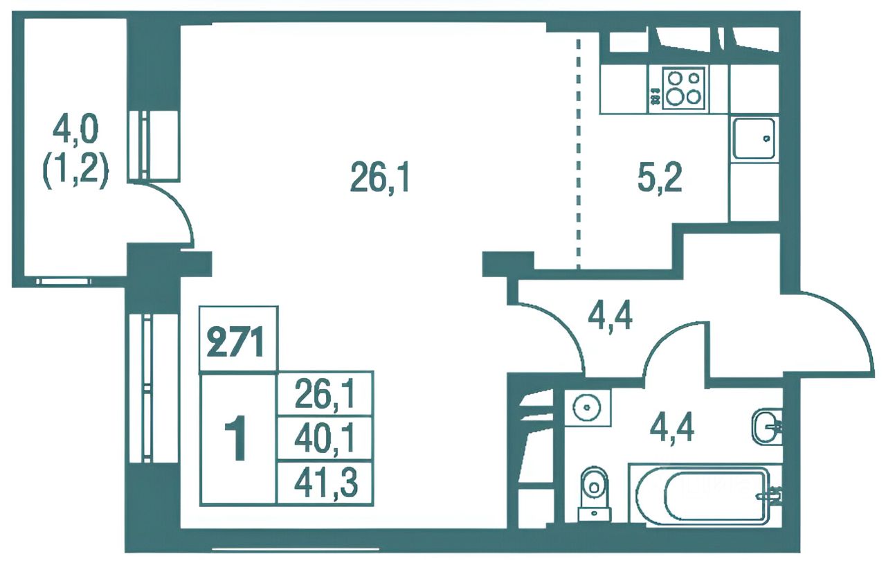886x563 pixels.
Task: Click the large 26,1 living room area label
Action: (379, 178)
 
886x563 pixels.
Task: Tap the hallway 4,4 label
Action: (611, 316)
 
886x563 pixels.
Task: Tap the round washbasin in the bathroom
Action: (588, 407)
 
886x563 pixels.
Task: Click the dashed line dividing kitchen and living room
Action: (579, 154)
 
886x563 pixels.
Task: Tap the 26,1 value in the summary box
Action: (326, 394)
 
